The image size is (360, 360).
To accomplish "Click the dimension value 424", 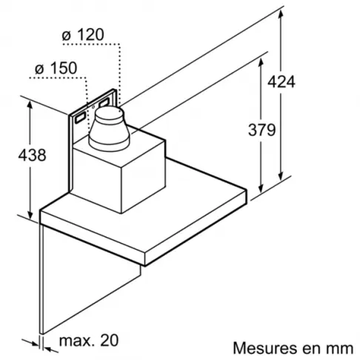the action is (281, 81).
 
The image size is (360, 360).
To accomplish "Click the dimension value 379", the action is (261, 130).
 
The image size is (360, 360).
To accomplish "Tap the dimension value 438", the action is (32, 155).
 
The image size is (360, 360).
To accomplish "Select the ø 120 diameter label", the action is (83, 35).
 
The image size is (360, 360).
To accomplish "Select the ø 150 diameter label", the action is (56, 68).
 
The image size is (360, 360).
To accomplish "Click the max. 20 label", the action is (89, 340).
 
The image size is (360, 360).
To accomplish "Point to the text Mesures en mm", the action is (293, 348).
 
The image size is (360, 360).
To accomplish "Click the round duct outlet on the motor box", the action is (109, 129).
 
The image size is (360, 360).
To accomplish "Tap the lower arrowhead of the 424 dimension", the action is (281, 175).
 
